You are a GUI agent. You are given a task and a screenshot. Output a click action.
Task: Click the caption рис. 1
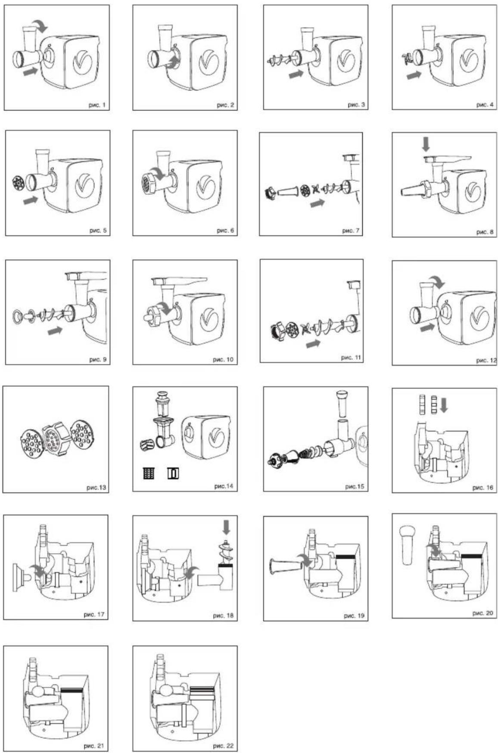[x=97, y=105]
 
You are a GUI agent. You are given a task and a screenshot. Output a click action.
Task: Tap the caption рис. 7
[x=351, y=231]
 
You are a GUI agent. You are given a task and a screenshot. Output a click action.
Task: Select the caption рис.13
[x=96, y=488]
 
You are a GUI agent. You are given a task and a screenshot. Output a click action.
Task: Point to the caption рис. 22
[x=223, y=746]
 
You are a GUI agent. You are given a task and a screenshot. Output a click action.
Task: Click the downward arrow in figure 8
[x=426, y=144]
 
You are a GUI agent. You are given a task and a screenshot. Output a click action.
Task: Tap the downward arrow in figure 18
[x=226, y=527]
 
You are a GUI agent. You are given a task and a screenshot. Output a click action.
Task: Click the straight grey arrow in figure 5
[x=30, y=200]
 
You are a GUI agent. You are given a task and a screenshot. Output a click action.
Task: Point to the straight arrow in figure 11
[x=314, y=344]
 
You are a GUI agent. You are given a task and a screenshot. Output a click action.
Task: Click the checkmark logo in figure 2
[x=209, y=62]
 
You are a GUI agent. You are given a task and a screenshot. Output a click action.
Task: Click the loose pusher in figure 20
[x=407, y=544]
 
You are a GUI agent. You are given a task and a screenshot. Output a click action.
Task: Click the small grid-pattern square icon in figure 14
[x=149, y=473]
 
